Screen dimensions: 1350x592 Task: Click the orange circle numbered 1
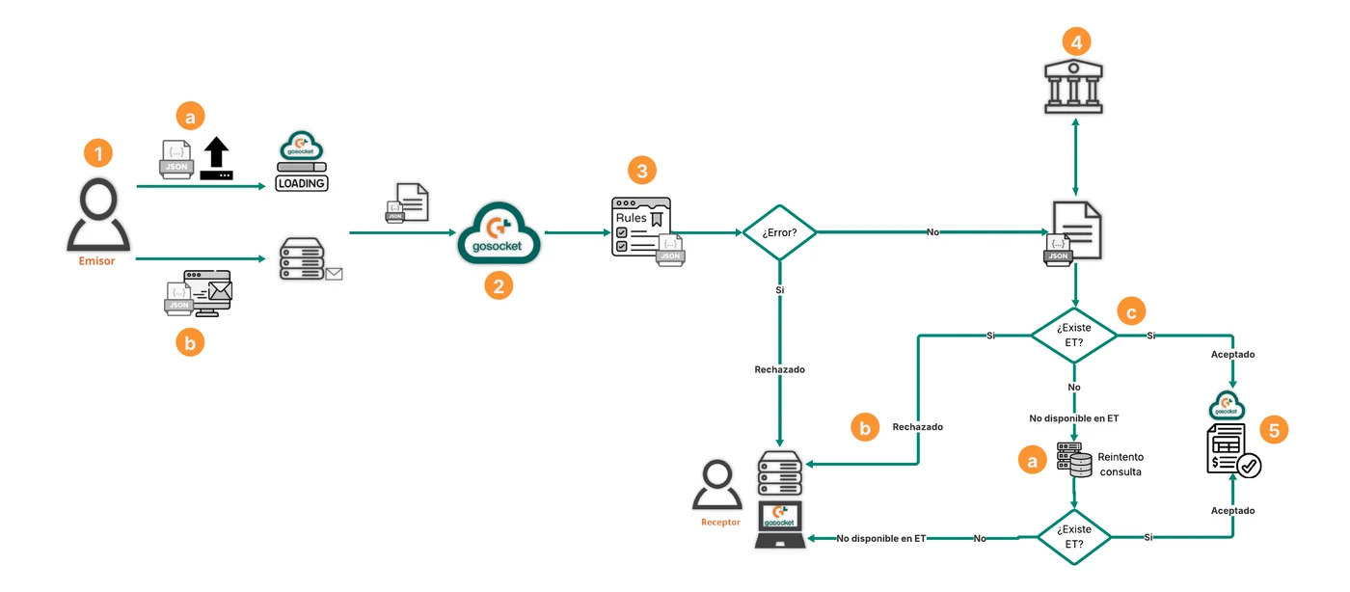tap(98, 153)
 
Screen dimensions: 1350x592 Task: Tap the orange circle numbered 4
tap(1076, 42)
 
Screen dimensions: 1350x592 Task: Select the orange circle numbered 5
tap(1274, 430)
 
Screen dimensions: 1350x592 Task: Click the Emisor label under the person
tap(96, 261)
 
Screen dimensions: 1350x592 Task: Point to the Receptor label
tap(720, 522)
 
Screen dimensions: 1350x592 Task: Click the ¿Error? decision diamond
tap(779, 232)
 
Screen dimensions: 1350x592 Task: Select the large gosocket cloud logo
tap(499, 232)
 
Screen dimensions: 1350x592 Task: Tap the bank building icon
tap(1073, 86)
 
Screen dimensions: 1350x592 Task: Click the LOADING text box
tap(301, 183)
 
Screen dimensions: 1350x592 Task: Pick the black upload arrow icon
tap(216, 158)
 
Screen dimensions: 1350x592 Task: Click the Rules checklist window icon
tap(641, 228)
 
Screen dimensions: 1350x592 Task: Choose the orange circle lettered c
tap(1131, 312)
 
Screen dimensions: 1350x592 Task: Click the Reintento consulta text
tap(1120, 464)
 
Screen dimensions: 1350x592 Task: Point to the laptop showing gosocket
tap(780, 525)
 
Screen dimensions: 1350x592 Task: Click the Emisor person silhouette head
tap(98, 199)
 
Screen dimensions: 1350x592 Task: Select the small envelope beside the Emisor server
tap(334, 274)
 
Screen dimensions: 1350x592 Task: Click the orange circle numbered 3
tap(642, 171)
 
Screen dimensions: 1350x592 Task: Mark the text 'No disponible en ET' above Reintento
tap(1073, 418)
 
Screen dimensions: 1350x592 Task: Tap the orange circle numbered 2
tap(499, 285)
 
